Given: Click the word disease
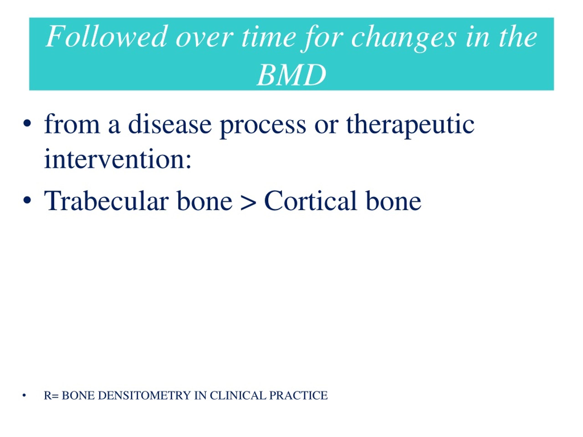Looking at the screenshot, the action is (170, 124).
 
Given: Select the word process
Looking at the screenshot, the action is (263, 127).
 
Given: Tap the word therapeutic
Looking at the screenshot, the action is (410, 126).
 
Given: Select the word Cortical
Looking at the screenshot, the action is (310, 201).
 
